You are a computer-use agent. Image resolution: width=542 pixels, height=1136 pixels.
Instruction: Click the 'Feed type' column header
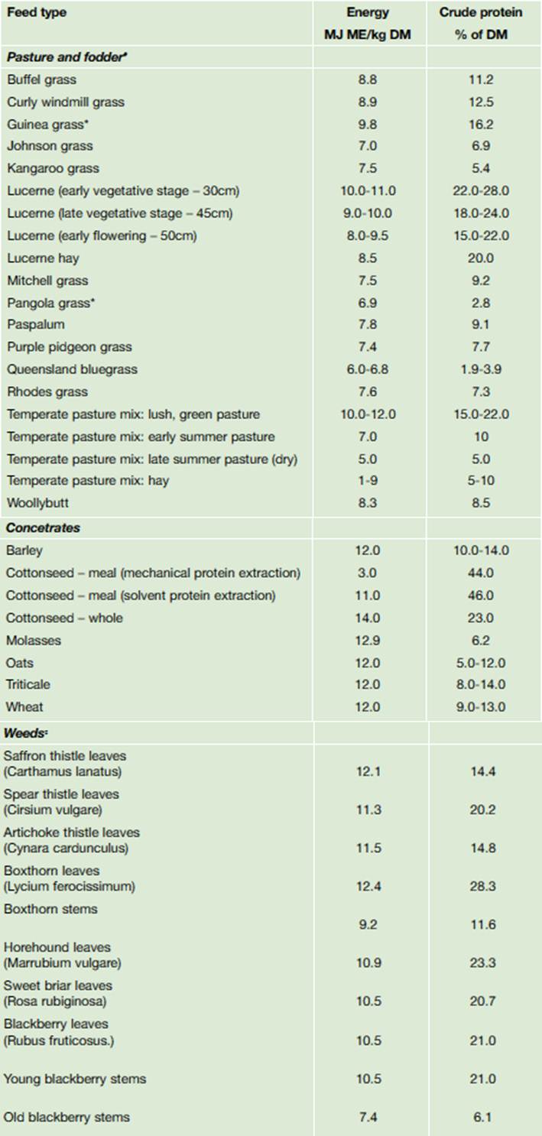[36, 13]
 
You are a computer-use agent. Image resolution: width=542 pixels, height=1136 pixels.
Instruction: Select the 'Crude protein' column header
[481, 13]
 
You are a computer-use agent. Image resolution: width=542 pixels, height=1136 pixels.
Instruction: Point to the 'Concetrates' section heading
[43, 527]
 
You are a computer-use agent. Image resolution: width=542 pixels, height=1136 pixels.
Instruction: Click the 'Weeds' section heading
[28, 733]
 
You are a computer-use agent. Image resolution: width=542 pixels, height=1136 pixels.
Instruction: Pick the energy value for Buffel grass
[367, 80]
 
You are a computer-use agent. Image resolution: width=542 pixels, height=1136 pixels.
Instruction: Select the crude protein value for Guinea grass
[481, 124]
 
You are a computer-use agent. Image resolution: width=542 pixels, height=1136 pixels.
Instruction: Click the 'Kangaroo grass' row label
[53, 168]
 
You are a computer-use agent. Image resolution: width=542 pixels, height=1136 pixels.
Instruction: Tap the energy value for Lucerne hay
[367, 258]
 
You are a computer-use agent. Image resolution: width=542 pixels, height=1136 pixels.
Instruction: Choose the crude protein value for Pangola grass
[481, 303]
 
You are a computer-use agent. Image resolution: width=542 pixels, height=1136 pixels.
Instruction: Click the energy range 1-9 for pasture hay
[367, 481]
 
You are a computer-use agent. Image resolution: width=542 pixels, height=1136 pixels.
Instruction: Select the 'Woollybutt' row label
[38, 503]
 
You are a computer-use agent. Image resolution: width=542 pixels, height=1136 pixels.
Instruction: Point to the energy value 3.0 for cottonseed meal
[367, 573]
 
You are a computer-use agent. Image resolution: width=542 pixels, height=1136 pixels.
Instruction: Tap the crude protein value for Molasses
[481, 640]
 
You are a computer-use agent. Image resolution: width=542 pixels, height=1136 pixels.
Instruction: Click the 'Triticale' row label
[28, 684]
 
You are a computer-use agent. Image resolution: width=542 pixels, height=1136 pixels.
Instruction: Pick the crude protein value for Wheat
[481, 707]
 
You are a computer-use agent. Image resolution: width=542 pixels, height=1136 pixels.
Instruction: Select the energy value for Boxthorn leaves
[367, 887]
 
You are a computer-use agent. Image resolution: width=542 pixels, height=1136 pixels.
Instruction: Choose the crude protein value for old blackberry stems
[481, 1117]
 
